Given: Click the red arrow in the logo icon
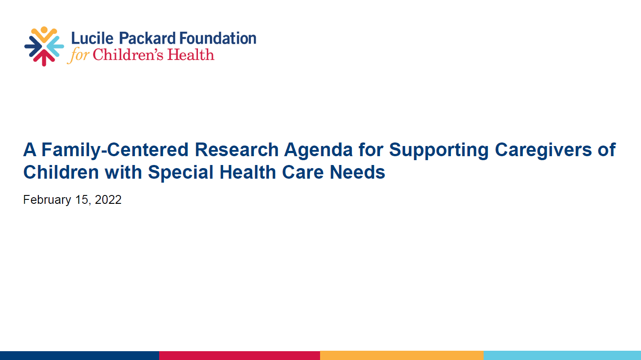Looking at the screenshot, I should [44, 58].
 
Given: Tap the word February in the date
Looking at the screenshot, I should [47, 200].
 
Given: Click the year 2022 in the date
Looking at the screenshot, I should [108, 200].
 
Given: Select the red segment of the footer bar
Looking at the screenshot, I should [239, 355].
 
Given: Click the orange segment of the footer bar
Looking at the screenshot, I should [402, 355].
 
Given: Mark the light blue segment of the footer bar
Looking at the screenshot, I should [562, 355].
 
